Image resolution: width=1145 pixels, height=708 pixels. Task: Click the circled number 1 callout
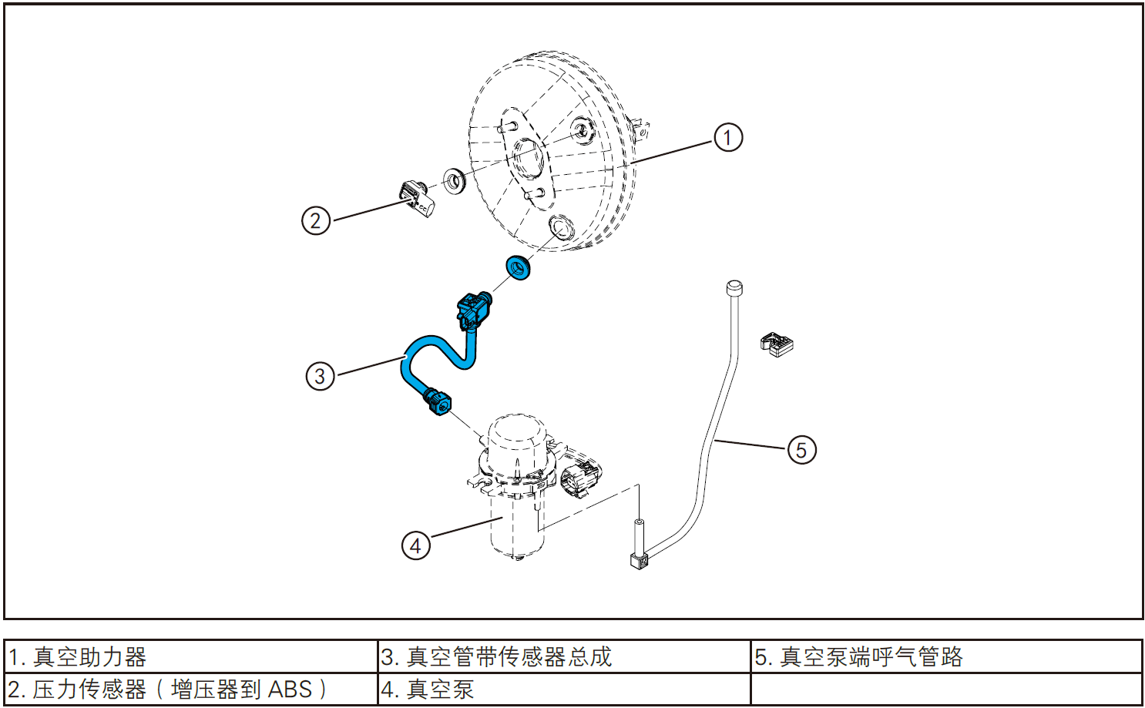(x=727, y=138)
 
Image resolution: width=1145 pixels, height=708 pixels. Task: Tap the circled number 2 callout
(x=315, y=220)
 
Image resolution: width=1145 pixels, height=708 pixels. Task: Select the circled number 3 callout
(x=320, y=376)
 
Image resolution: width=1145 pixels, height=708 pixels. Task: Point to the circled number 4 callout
(x=415, y=545)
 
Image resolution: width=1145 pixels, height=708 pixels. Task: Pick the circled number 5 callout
(x=801, y=450)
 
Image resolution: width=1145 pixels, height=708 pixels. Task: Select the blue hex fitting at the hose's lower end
(x=439, y=401)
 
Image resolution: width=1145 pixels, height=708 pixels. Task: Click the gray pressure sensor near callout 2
(x=417, y=199)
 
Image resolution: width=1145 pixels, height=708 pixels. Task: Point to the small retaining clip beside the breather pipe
(x=777, y=344)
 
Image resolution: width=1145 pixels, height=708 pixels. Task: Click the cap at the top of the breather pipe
(x=734, y=288)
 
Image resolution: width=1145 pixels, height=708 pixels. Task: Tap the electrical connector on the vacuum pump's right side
(x=579, y=477)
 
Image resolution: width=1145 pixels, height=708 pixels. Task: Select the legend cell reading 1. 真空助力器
(x=191, y=656)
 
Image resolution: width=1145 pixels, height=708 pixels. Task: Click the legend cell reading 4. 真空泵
(x=564, y=689)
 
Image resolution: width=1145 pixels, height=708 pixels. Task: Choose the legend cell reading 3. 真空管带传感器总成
(x=564, y=656)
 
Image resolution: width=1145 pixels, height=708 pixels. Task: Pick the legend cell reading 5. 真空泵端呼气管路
(x=946, y=656)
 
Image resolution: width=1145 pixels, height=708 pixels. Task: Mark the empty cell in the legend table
(x=946, y=689)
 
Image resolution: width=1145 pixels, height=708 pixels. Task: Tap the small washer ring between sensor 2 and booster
(x=454, y=181)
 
